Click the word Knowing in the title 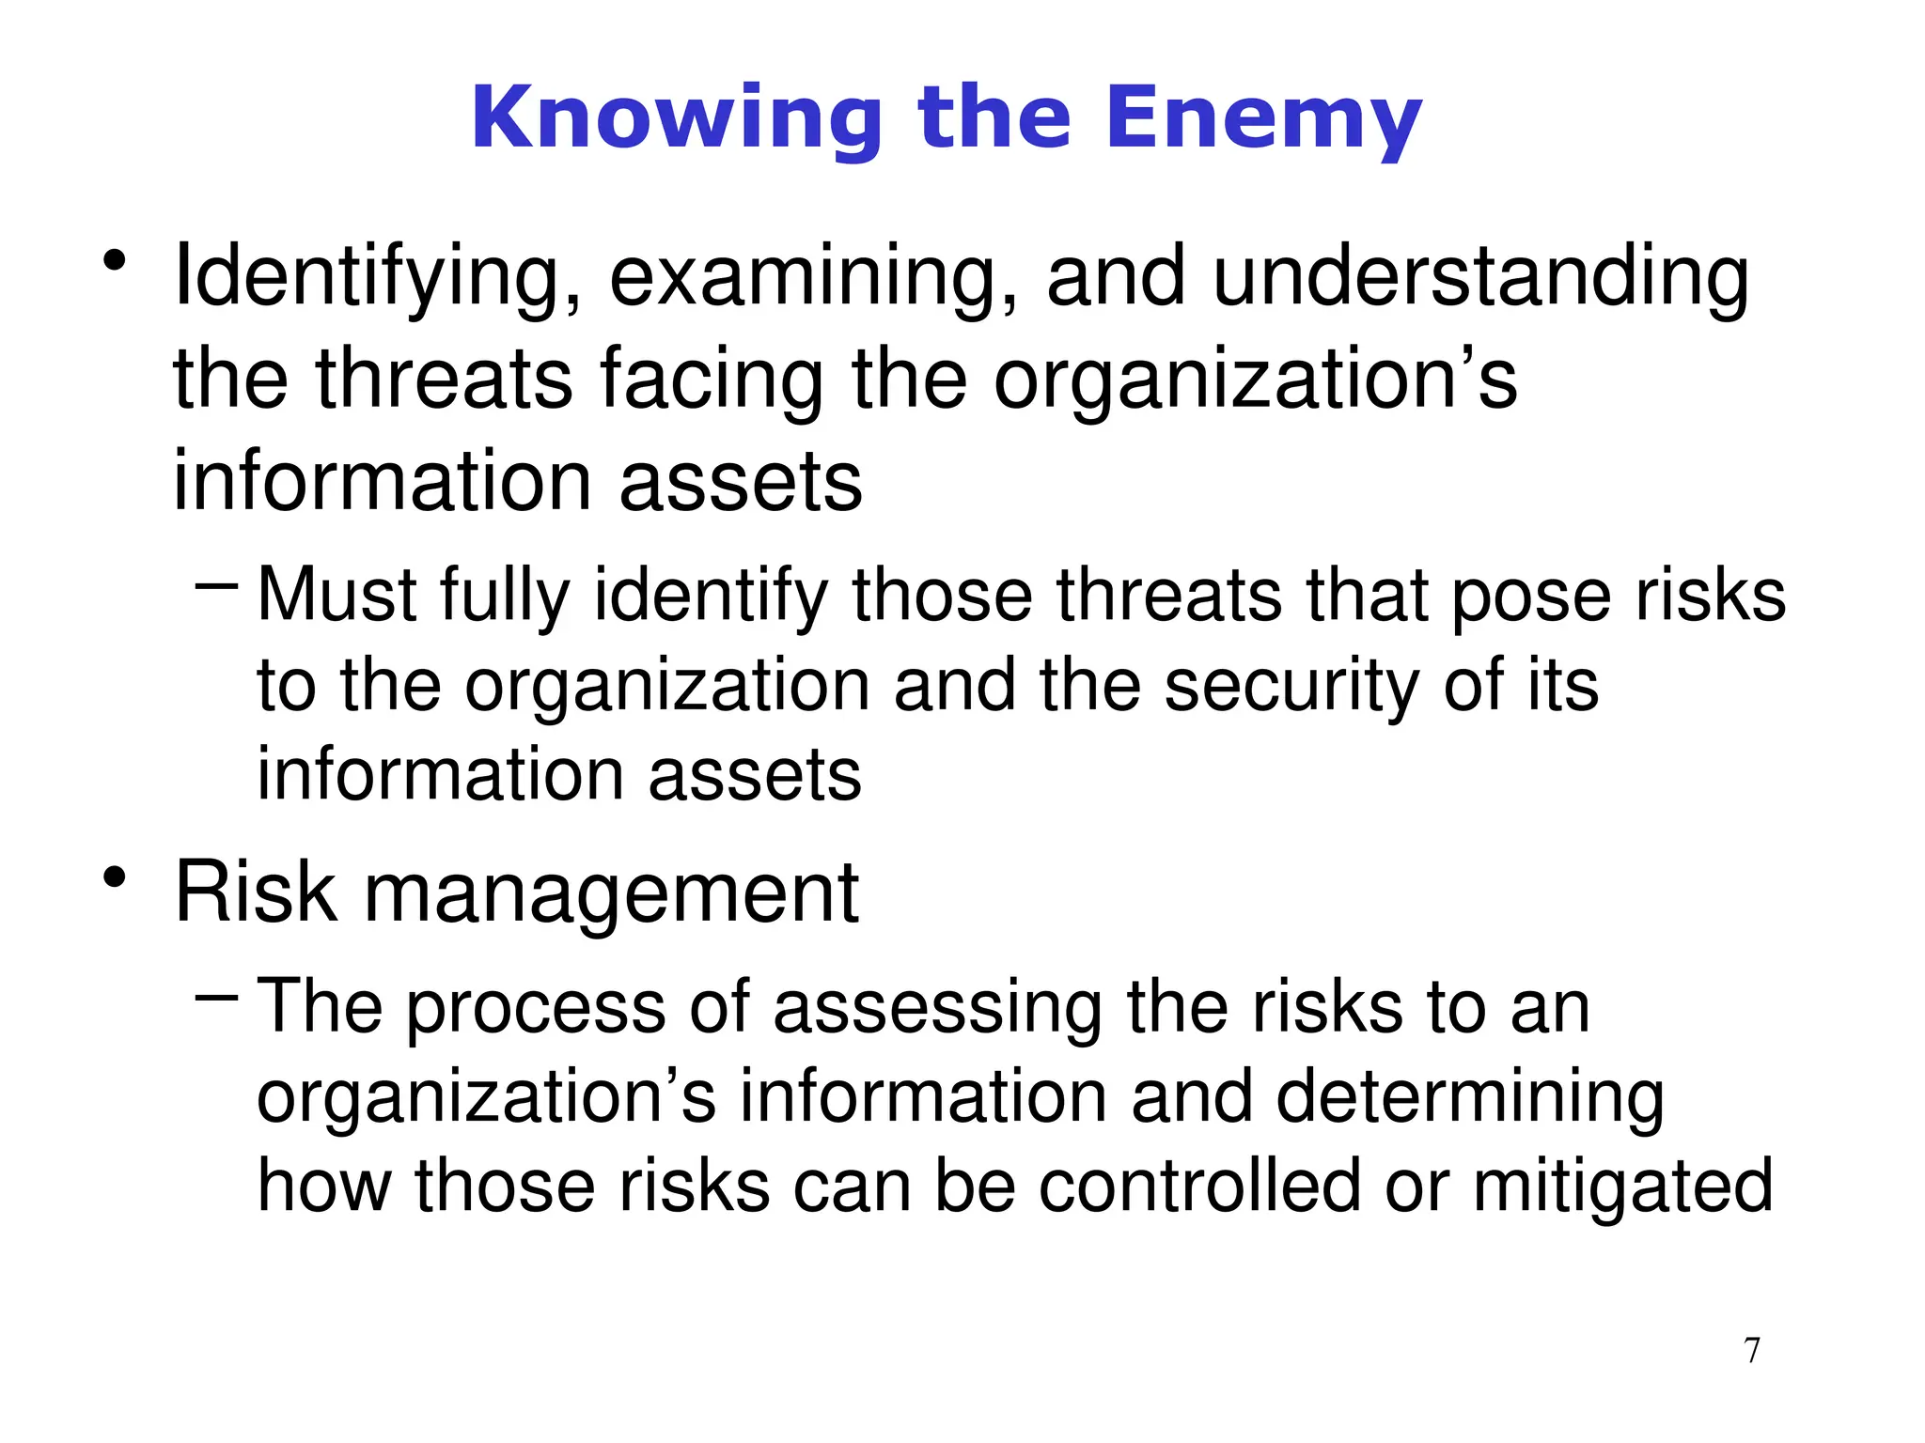coord(677,118)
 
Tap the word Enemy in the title coord(1263,118)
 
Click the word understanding coord(1481,277)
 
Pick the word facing coord(712,379)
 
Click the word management coord(611,893)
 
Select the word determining coord(1470,1098)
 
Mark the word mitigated coord(1622,1187)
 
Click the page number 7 coord(1752,1351)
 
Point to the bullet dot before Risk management coord(115,878)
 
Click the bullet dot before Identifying coord(115,261)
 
